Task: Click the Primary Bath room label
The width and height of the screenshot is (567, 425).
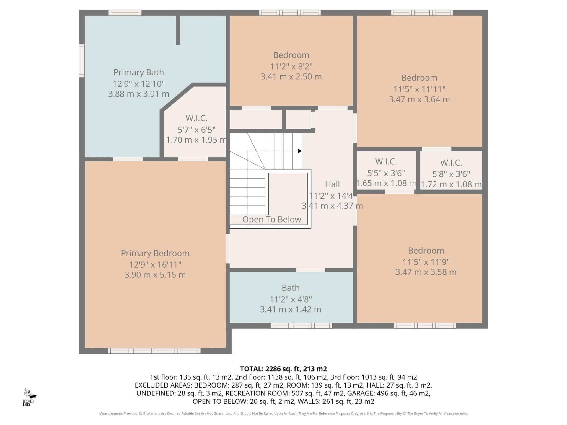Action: pos(139,72)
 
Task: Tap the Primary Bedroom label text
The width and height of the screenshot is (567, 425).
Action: pos(155,253)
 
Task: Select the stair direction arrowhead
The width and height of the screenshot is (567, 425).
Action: pos(300,151)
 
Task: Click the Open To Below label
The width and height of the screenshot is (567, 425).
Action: pos(272,219)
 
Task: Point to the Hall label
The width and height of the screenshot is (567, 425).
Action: pos(332,184)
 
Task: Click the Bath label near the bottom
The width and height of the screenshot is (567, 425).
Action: pos(291,288)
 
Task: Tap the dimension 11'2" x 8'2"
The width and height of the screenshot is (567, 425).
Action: pos(291,66)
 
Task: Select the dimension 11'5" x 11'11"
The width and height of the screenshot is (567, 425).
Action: pos(419,89)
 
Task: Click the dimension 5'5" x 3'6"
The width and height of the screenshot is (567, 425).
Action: pos(386,173)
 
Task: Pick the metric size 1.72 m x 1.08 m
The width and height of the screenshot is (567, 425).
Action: pos(451,184)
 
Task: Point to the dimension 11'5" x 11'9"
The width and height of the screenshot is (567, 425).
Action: pos(426,262)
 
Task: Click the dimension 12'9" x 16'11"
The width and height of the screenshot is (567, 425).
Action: pos(155,265)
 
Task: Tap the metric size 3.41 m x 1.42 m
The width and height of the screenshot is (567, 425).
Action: pos(291,309)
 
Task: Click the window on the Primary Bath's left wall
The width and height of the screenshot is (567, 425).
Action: pos(82,61)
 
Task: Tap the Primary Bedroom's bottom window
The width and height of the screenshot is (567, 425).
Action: pos(154,351)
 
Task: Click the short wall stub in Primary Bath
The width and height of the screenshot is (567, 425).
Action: pos(178,30)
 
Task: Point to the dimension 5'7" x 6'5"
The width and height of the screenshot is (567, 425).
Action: pos(196,130)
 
